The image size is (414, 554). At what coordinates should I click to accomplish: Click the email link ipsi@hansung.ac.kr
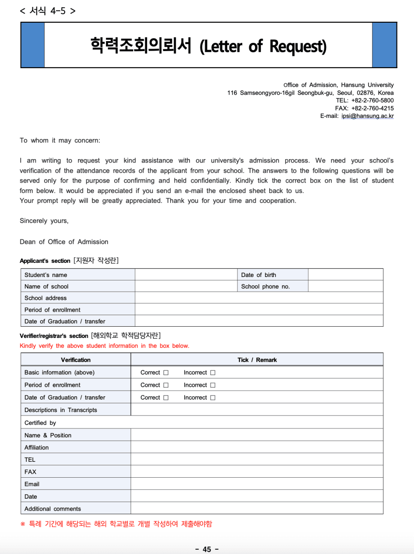pos(367,116)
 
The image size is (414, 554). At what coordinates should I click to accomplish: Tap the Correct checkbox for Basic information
pos(166,373)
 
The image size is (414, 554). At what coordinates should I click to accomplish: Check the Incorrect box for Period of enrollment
pos(213,385)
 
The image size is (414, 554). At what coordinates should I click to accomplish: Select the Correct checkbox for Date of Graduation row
pos(166,398)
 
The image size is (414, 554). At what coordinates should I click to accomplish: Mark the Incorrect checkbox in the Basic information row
pos(213,373)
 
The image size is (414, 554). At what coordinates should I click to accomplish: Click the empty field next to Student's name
pos(186,275)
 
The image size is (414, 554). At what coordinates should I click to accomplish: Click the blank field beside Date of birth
pos(345,275)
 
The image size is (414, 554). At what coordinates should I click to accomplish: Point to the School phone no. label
pos(265,286)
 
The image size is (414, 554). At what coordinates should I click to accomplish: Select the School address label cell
pos(45,298)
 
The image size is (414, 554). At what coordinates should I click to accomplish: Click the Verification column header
pos(75,360)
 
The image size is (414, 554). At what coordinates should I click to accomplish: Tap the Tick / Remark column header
pos(257,360)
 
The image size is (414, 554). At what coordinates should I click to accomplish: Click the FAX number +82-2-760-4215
pos(372,108)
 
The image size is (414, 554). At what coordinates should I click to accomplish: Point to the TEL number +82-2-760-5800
pos(372,100)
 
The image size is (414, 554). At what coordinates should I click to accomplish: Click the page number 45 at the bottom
pos(207,549)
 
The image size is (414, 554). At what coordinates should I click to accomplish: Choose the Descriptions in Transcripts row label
pos(60,410)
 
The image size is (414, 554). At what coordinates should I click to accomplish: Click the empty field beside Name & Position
pos(257,435)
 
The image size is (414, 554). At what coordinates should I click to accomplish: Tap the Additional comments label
pos(53,509)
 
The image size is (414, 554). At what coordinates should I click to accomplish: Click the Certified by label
pos(40,423)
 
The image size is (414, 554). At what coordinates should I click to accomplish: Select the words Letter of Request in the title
pos(263,46)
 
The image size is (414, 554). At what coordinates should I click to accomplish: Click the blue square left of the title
pos(33,45)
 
